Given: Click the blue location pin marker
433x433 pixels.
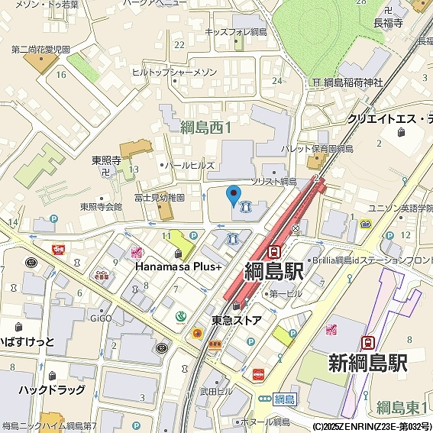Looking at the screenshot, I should [x=234, y=194].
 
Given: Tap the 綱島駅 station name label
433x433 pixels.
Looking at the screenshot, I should [x=274, y=271].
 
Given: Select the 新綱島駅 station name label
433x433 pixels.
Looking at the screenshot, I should [x=368, y=362].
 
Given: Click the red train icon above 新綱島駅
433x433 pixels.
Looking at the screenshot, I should [x=368, y=342].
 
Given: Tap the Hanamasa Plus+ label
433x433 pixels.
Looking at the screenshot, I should [x=179, y=267].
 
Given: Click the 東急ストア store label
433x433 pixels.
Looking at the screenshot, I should [x=237, y=320].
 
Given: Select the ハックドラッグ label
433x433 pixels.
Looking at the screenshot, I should [x=52, y=390].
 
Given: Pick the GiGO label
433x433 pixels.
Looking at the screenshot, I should [x=101, y=315].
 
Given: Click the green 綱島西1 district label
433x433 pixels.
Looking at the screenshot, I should [x=205, y=128].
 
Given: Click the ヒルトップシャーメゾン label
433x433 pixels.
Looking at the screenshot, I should [x=174, y=72].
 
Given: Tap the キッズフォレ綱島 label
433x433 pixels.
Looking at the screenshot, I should [x=236, y=32].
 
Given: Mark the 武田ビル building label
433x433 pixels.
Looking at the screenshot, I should [x=216, y=391].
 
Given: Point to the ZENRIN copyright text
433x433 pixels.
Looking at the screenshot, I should [x=371, y=426].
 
